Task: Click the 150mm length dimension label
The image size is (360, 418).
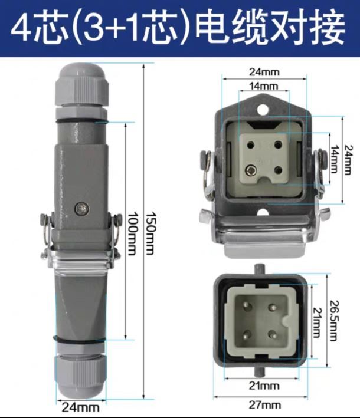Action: click(x=150, y=233)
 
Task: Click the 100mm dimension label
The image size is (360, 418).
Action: click(x=132, y=233)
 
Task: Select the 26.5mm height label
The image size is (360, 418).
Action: click(x=333, y=321)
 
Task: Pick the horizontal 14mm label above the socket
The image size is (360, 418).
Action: click(x=264, y=86)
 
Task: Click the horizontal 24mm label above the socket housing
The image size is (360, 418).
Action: click(x=264, y=72)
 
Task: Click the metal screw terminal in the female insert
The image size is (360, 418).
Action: click(x=251, y=170)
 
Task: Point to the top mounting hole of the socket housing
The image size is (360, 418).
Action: click(x=263, y=109)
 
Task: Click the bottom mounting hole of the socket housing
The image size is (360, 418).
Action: click(x=263, y=212)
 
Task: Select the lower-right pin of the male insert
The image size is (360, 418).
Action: click(x=273, y=334)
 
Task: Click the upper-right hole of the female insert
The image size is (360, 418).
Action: click(x=278, y=145)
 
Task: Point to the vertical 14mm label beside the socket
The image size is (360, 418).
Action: click(x=335, y=159)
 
